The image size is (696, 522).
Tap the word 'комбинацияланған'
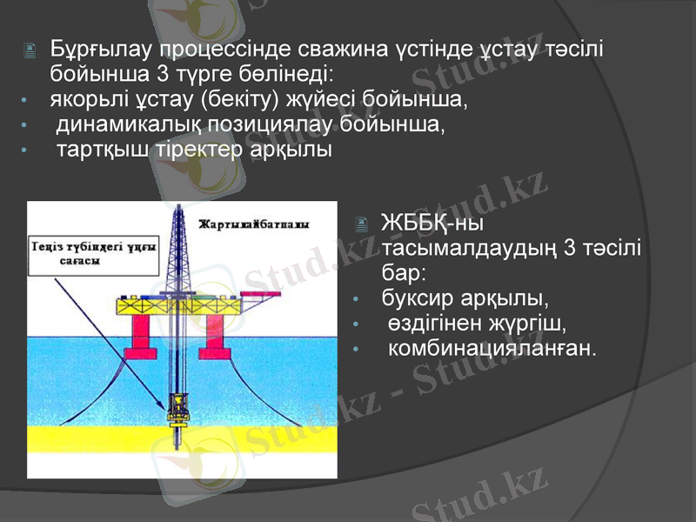[x=492, y=349]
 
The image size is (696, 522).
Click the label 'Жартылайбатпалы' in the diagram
[x=254, y=224]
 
